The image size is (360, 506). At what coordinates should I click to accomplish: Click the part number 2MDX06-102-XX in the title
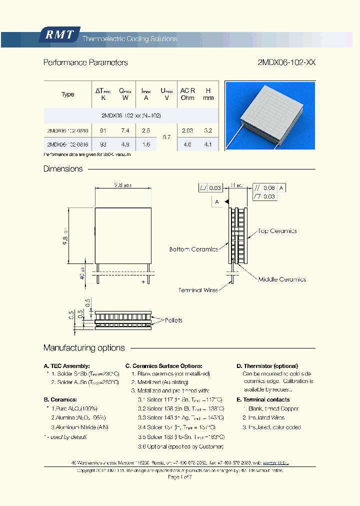coord(286,62)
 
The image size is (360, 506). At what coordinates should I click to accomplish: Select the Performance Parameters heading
coord(85,62)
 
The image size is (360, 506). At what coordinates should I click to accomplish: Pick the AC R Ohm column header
coord(187,94)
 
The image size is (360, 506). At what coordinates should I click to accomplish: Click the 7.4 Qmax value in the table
coord(125,130)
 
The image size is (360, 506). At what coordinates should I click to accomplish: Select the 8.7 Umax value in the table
coord(167,137)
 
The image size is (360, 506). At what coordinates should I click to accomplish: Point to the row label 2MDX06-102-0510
coord(67,130)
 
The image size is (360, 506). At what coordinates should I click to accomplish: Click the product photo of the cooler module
coord(270,115)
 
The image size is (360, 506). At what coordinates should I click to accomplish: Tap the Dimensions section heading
coord(63,169)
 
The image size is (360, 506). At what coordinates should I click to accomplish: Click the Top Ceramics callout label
coord(277,231)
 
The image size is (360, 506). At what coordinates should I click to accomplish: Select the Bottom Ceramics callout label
coord(193,249)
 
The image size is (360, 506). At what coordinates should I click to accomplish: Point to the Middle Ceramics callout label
coord(281,279)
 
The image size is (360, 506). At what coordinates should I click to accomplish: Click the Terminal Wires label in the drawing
coord(198,290)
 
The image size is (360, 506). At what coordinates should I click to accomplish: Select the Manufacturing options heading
coord(84,348)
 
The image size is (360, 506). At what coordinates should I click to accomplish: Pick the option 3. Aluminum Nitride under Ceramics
coord(79,427)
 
